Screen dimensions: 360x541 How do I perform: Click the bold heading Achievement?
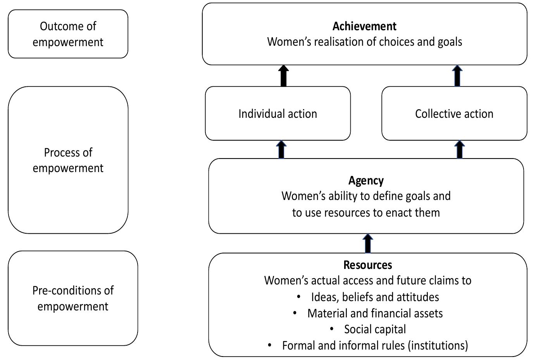(364, 26)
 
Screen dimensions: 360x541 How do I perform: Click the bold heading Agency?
(366, 181)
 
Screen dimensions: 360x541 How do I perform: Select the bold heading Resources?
(367, 265)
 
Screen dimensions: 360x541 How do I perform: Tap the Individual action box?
(277, 114)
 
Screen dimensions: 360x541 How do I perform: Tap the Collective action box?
(454, 114)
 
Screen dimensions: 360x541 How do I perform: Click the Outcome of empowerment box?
(68, 34)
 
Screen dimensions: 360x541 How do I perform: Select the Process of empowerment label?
(68, 160)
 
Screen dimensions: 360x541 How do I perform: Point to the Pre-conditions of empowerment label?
(73, 298)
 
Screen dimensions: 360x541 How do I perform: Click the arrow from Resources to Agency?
(368, 244)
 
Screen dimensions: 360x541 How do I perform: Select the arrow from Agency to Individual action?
(282, 150)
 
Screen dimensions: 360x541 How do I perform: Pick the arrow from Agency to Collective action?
(459, 150)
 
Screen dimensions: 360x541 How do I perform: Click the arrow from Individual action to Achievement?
(284, 76)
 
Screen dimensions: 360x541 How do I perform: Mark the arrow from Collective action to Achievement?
(458, 76)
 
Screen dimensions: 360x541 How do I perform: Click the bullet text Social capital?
(375, 329)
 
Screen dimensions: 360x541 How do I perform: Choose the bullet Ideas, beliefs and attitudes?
(375, 297)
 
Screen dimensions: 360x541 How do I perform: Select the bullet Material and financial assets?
(375, 313)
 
